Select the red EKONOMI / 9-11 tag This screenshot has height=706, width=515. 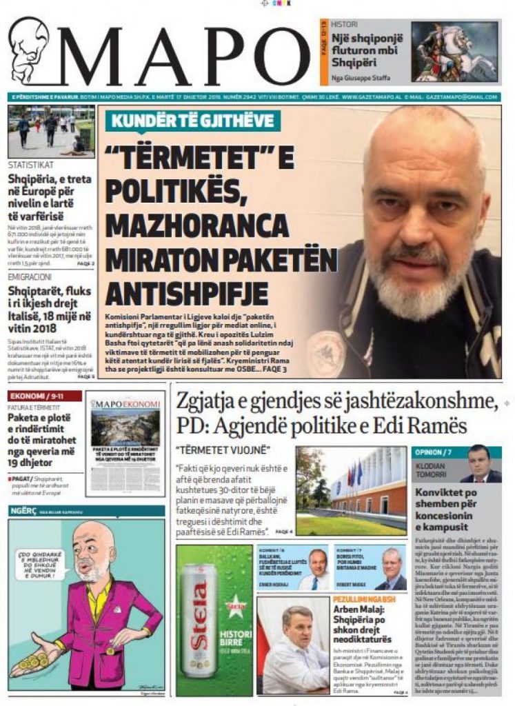point(44,396)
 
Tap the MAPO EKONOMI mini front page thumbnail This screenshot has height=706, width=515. point(125,443)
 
